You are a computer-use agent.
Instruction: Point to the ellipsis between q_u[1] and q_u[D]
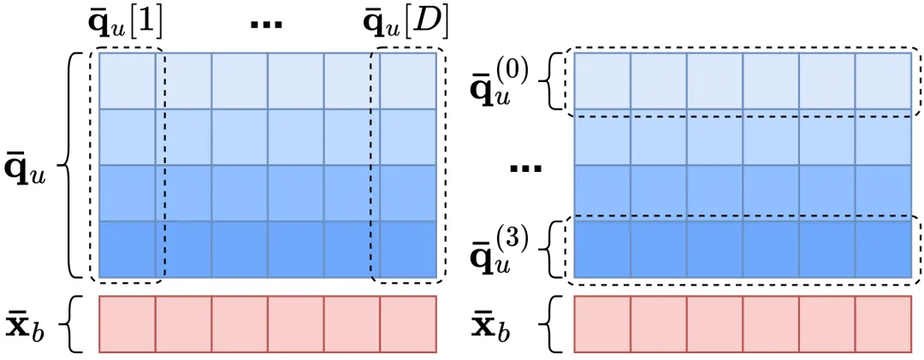pyautogui.click(x=266, y=25)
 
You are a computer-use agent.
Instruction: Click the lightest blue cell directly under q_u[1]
pyautogui.click(x=127, y=80)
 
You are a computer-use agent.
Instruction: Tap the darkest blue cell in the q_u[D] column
pyautogui.click(x=408, y=249)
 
